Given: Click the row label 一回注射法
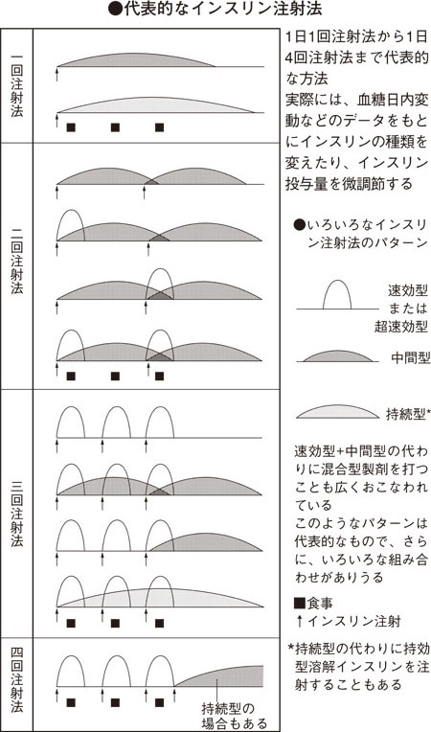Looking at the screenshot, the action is [17, 85].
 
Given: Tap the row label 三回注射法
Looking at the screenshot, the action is [17, 514].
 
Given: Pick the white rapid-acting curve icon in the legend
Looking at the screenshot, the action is [337, 295].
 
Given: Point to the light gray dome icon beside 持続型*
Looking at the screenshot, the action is [338, 411].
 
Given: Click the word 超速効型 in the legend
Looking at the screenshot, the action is [400, 327].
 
